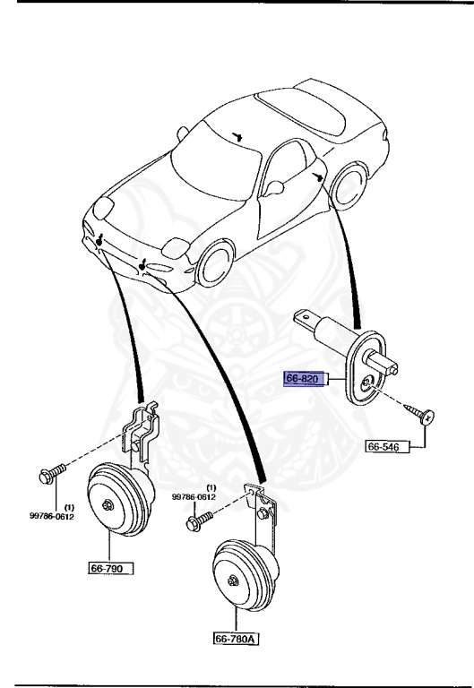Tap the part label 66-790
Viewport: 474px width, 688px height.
point(109,568)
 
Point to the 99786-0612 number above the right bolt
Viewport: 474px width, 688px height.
point(194,496)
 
